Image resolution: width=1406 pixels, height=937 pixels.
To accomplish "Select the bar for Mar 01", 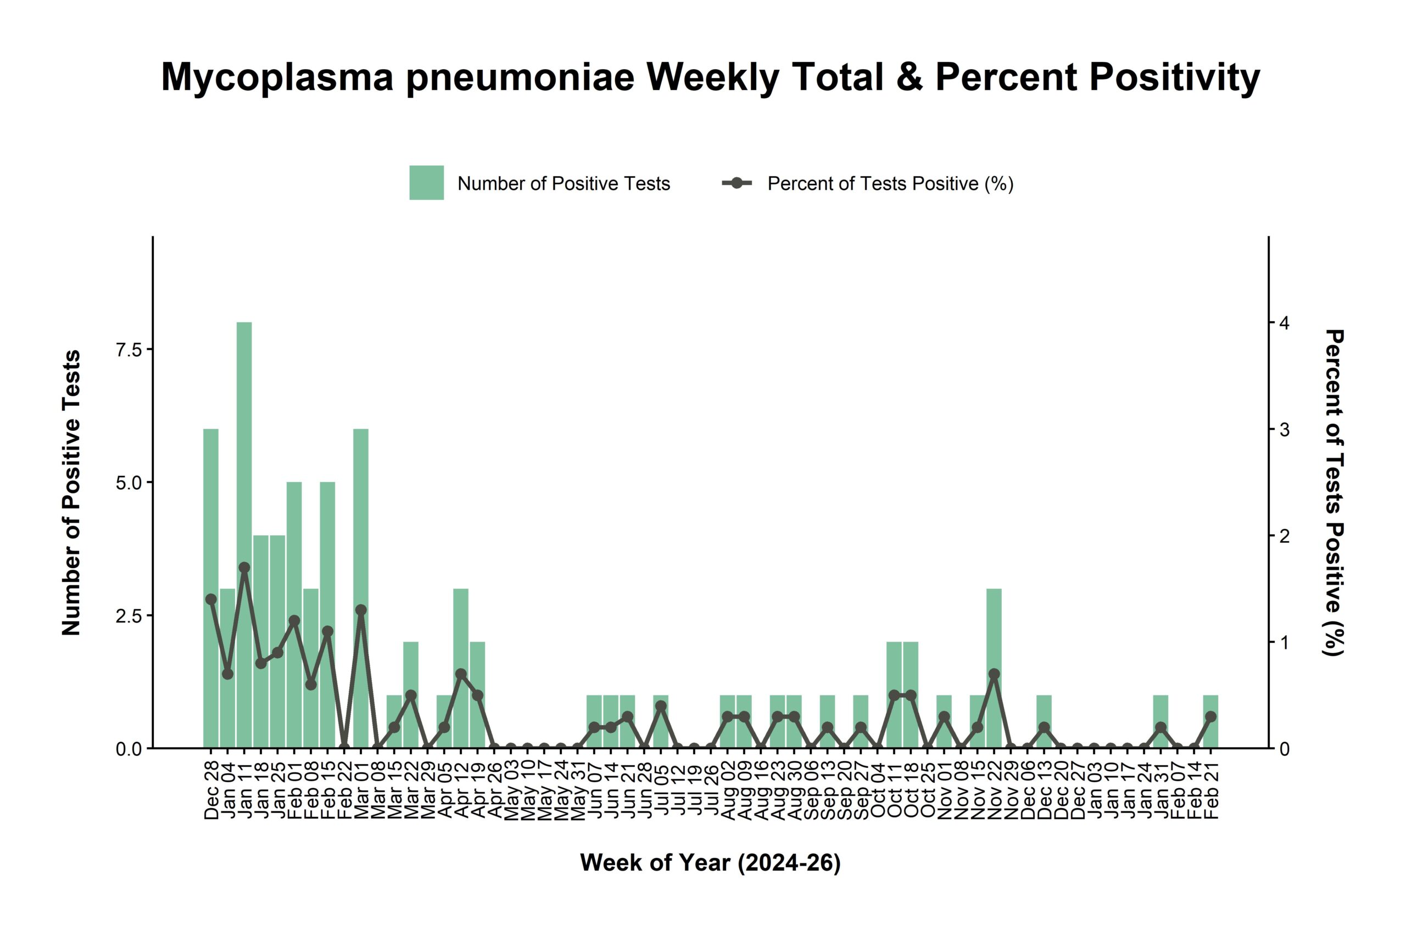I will point(360,526).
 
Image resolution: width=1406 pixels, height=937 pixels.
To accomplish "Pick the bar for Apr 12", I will point(460,633).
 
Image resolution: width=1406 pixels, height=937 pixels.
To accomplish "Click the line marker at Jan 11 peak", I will point(244,567).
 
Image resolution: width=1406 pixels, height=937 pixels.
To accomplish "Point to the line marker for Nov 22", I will point(994,674).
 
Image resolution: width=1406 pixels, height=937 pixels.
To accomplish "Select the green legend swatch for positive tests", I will point(426,183).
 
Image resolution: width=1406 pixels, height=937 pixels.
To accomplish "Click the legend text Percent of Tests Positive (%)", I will point(890,183).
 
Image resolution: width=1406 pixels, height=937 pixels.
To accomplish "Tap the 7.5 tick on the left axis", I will point(129,350).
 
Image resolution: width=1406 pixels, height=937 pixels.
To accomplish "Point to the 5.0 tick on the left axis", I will point(129,483).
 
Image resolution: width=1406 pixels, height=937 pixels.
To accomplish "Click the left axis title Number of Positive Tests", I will point(70,493).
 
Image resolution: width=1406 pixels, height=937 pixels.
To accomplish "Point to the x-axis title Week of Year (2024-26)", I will point(710,863).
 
